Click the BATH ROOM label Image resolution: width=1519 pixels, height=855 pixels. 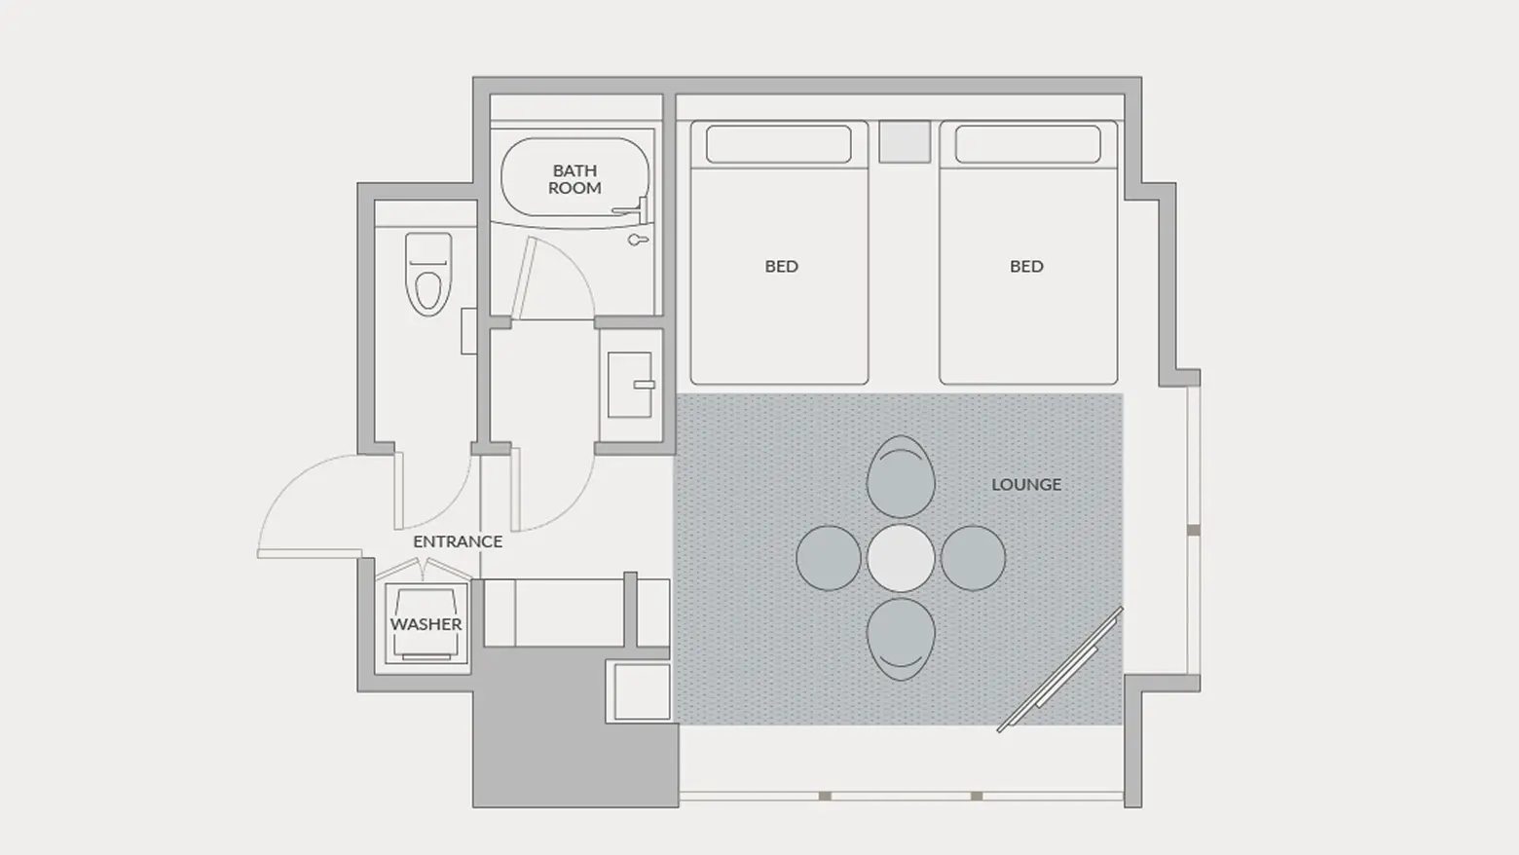pos(574,179)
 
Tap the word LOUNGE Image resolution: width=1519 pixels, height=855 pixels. pos(1026,484)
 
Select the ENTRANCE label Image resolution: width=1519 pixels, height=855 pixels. pos(458,541)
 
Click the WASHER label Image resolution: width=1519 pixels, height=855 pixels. pos(426,624)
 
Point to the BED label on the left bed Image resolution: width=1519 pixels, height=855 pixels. pos(781,267)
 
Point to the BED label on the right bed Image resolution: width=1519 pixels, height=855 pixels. pos(1026,267)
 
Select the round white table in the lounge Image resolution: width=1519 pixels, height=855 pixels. pos(901,557)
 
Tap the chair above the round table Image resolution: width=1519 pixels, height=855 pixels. pos(901,476)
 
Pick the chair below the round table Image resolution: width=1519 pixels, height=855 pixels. pos(901,639)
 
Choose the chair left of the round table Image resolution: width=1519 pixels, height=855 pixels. pos(829,558)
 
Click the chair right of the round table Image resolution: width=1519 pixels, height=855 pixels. pos(973,558)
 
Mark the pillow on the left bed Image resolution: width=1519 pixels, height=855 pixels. pos(779,144)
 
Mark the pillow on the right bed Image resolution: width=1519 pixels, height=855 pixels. pos(1028,144)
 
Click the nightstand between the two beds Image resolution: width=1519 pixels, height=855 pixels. pos(905,142)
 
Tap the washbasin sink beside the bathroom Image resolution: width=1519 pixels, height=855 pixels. pos(630,385)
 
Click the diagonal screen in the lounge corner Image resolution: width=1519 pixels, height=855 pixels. pos(1060,669)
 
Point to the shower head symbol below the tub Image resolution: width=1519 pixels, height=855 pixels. pos(638,240)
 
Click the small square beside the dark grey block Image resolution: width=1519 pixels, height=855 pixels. pos(642,691)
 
